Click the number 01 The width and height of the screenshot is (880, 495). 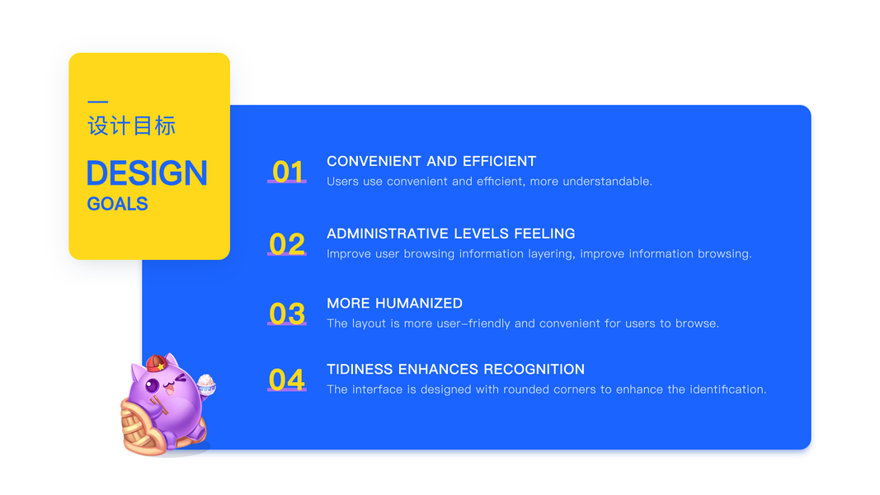click(287, 172)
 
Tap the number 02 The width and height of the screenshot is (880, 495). click(287, 243)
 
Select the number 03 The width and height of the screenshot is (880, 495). click(287, 313)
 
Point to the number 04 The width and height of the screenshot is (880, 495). click(287, 379)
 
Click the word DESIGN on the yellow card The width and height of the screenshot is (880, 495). click(147, 173)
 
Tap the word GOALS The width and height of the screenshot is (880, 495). click(117, 204)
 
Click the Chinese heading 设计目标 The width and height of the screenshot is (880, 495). click(132, 125)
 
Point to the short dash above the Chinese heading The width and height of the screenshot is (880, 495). click(97, 101)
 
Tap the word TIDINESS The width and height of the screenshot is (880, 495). click(360, 370)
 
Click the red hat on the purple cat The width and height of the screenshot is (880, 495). click(157, 363)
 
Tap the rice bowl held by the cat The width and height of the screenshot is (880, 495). click(206, 384)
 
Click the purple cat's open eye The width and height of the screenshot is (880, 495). click(153, 385)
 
